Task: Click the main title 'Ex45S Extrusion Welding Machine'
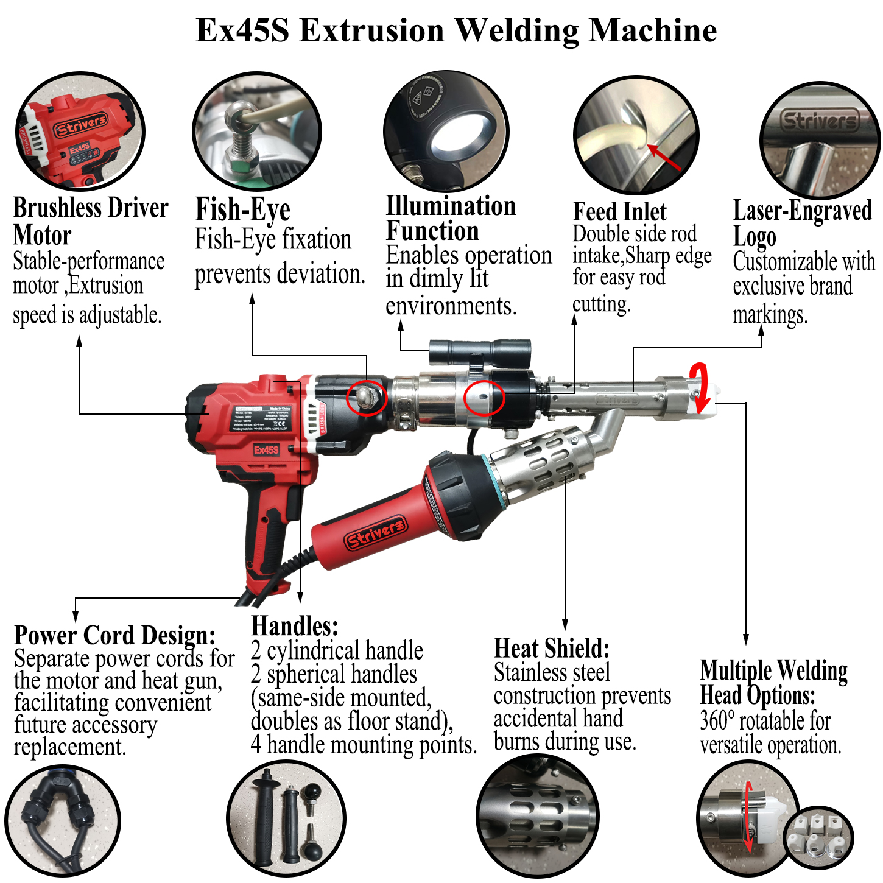pyautogui.click(x=456, y=30)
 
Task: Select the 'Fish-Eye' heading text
pyautogui.click(x=242, y=210)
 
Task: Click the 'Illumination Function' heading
pyautogui.click(x=451, y=219)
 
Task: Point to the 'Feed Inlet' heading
pyautogui.click(x=619, y=212)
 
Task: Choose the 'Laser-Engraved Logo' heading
pyautogui.click(x=801, y=223)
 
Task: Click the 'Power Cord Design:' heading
pyautogui.click(x=114, y=635)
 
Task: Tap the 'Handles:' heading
pyautogui.click(x=294, y=626)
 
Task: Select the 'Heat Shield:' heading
pyautogui.click(x=551, y=649)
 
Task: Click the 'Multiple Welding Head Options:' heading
pyautogui.click(x=773, y=683)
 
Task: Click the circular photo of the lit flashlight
pyautogui.click(x=446, y=131)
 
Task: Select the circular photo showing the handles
pyautogui.click(x=286, y=819)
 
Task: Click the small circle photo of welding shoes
pyautogui.click(x=818, y=838)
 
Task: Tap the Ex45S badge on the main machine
pyautogui.click(x=266, y=450)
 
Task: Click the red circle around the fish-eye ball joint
pyautogui.click(x=367, y=398)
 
